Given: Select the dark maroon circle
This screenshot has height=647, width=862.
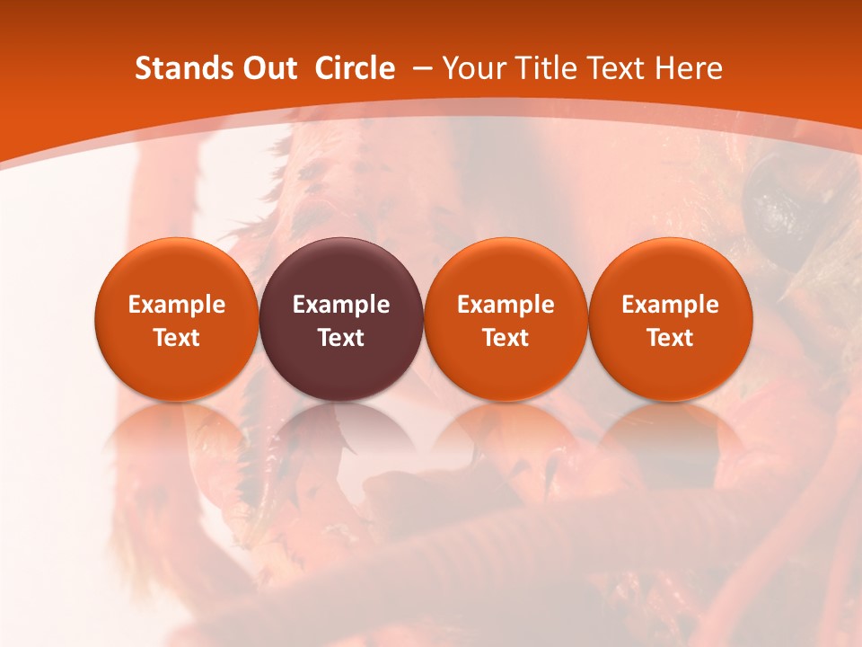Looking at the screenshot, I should [x=341, y=319].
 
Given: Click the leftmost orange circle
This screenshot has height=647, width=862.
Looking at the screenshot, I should [x=176, y=319].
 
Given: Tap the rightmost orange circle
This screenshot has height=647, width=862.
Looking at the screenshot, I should [x=670, y=319].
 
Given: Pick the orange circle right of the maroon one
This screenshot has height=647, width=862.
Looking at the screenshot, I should [x=506, y=319].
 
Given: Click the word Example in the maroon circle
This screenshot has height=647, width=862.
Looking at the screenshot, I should [x=341, y=305].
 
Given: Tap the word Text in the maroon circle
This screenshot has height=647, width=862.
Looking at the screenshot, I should [x=341, y=338].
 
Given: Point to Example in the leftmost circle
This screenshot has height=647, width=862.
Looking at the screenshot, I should [x=176, y=305].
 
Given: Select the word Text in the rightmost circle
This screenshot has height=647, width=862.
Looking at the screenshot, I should [x=670, y=338].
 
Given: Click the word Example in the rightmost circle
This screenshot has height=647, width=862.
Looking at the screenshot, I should [x=670, y=305].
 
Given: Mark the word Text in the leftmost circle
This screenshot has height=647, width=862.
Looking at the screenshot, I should [x=176, y=338].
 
